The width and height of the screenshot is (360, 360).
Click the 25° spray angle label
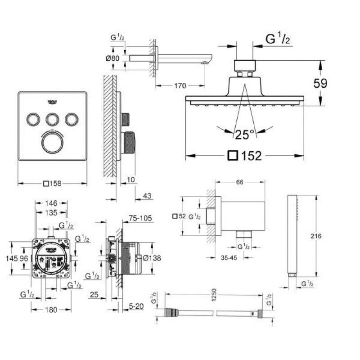[245, 133]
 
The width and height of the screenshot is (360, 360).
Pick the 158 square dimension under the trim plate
[52, 184]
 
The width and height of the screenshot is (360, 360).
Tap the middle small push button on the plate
[52, 119]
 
